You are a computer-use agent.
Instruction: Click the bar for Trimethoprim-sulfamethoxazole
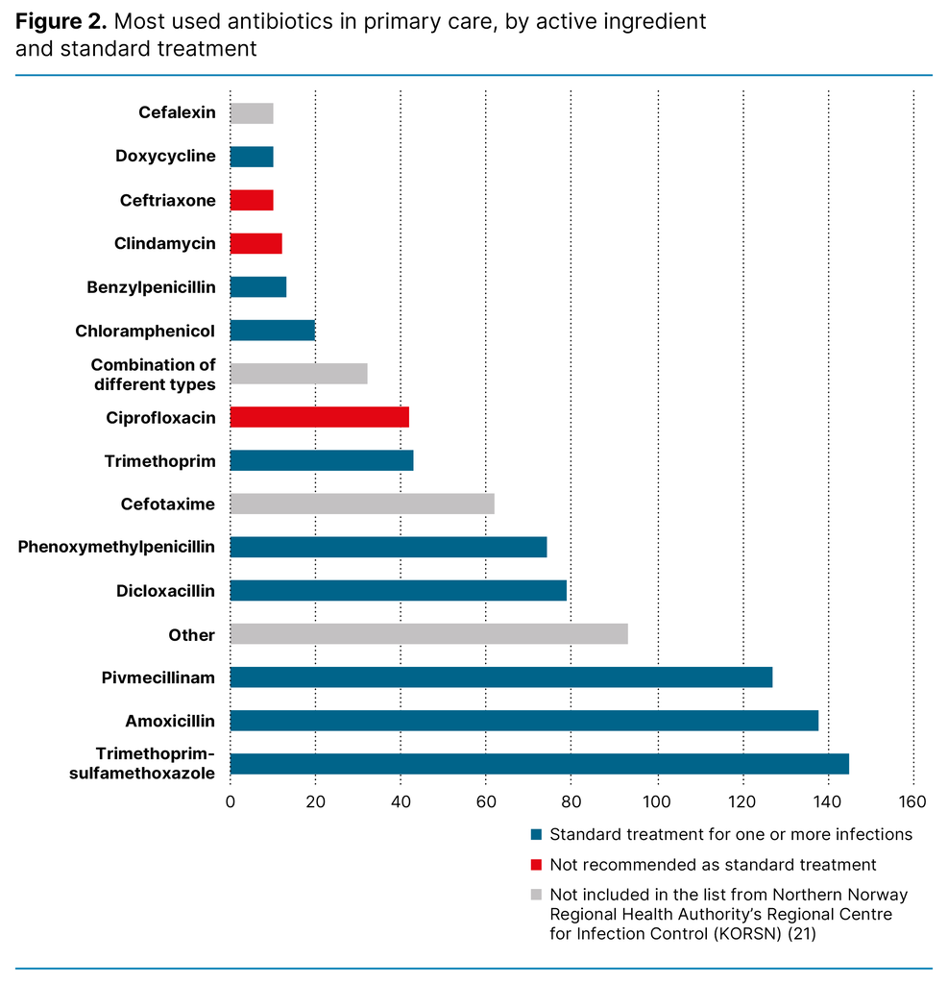[539, 764]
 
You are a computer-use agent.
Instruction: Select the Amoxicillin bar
[523, 721]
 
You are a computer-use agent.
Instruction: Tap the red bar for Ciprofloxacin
[319, 417]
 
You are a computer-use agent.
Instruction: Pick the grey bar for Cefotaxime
[362, 504]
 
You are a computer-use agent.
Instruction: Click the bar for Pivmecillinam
[500, 677]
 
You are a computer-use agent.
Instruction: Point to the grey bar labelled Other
[428, 634]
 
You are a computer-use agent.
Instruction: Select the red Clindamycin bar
[255, 243]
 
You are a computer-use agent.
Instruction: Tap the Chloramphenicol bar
[272, 331]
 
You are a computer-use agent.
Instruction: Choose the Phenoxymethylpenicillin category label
[116, 547]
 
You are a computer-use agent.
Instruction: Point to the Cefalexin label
[177, 112]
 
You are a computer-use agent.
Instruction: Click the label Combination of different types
[154, 375]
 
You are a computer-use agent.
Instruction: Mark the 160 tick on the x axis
[912, 802]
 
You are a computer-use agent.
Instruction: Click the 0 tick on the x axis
[231, 802]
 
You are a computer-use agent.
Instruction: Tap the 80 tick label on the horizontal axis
[571, 802]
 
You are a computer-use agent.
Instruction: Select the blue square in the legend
[536, 834]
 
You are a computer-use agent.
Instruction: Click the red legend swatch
[536, 865]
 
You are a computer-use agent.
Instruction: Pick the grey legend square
[536, 895]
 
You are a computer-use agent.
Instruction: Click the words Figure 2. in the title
[61, 21]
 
